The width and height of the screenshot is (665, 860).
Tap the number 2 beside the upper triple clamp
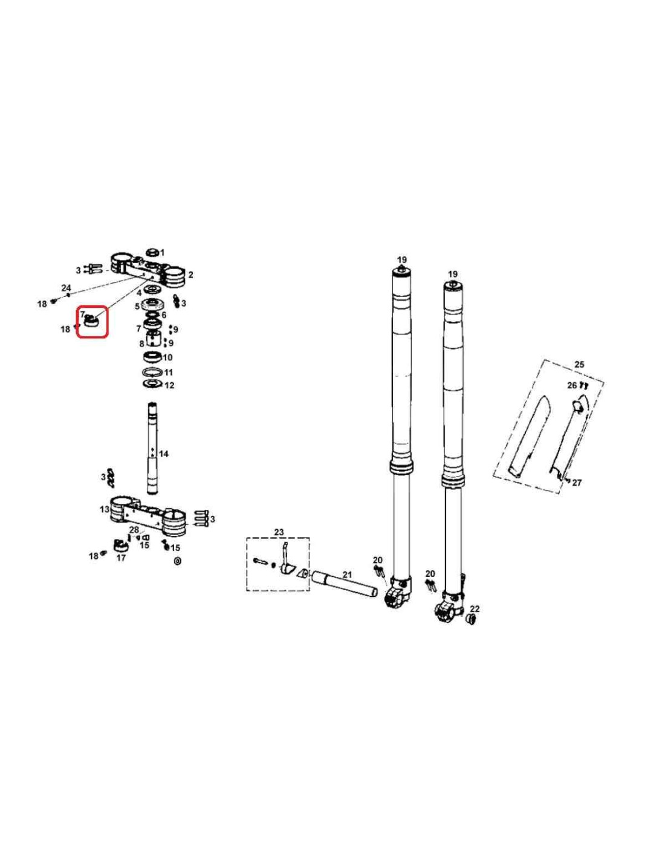click(190, 274)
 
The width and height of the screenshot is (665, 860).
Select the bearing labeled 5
click(152, 305)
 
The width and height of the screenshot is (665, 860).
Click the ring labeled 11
click(152, 372)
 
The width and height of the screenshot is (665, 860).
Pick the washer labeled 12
click(152, 384)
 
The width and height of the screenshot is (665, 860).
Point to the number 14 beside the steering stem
click(164, 454)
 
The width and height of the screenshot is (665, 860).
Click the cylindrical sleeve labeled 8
click(153, 339)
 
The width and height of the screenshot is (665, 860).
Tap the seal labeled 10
click(152, 356)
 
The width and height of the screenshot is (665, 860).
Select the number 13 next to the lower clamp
click(105, 509)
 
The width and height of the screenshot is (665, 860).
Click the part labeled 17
click(120, 546)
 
